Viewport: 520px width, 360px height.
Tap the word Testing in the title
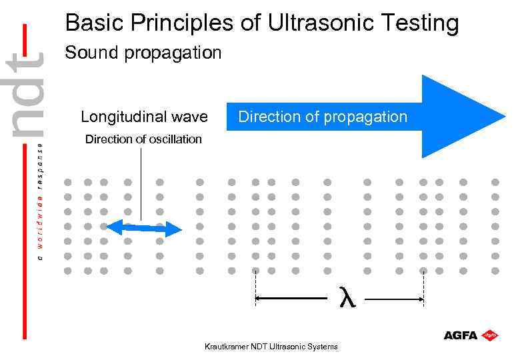pos(419,23)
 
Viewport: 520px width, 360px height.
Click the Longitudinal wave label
pos(144,117)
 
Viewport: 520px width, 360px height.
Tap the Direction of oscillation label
pos(143,139)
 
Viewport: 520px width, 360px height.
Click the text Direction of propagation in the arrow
pos(323,117)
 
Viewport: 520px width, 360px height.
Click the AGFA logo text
pos(461,335)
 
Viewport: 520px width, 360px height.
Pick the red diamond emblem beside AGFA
pos(491,335)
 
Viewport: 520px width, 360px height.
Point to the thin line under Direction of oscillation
pos(142,180)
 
